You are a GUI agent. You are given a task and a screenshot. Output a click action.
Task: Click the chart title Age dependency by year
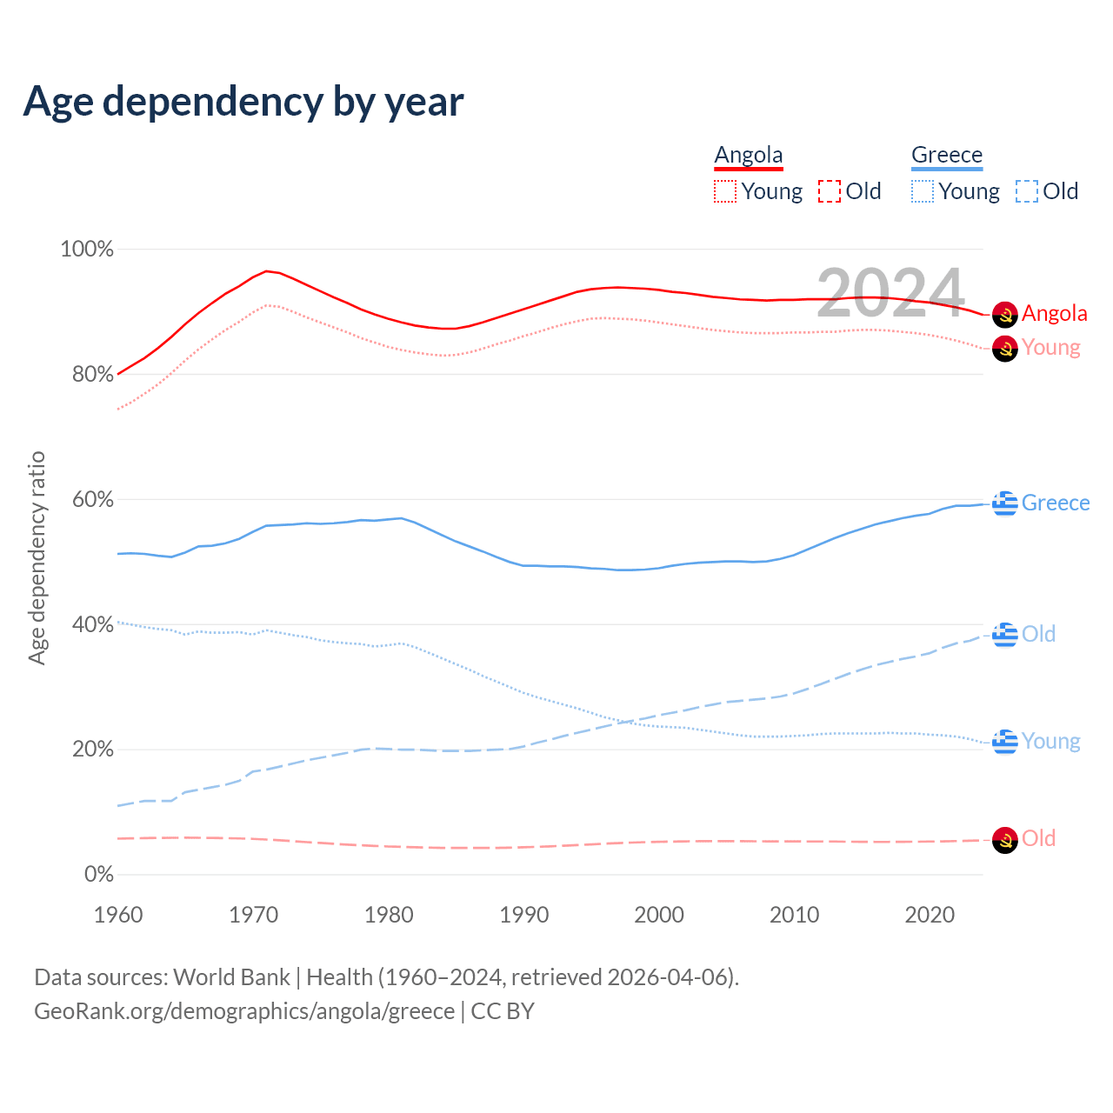[243, 102]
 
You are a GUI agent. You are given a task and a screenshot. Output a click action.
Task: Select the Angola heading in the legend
[749, 156]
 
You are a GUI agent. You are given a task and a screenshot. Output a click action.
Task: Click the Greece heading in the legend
[947, 156]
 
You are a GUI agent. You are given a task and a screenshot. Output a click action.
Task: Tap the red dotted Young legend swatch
[724, 191]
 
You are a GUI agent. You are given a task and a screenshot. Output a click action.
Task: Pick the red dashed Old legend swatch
[830, 191]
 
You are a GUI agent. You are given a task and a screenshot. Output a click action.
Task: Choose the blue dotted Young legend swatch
[923, 191]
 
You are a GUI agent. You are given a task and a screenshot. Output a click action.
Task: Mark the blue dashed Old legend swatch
[1027, 191]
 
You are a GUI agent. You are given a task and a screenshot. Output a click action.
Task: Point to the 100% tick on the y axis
[87, 250]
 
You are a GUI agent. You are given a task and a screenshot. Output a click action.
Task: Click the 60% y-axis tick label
[92, 500]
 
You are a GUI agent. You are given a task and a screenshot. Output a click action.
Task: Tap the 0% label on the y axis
[98, 875]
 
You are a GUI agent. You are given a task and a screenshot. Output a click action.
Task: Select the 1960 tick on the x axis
[118, 915]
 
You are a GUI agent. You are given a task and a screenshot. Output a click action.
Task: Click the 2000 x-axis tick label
[659, 915]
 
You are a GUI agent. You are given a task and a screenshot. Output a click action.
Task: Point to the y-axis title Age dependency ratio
[37, 557]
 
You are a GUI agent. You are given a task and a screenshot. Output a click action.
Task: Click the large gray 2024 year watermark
[890, 292]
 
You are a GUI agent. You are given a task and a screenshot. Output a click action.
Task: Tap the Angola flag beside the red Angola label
[1005, 314]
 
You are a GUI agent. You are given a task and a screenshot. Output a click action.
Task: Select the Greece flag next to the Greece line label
[1005, 503]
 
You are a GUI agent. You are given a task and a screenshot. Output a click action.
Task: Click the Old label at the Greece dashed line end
[1038, 635]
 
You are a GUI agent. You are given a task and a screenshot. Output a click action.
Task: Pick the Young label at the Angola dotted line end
[1050, 348]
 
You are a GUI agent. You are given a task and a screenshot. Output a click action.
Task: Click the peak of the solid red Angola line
[266, 271]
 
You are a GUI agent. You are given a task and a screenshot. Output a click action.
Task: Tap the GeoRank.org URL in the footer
[244, 1011]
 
